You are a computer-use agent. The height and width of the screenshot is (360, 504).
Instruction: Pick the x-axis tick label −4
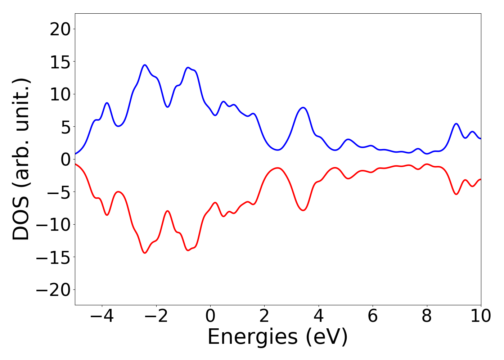(x=102, y=316)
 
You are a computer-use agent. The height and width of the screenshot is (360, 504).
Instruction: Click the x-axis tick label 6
(x=373, y=316)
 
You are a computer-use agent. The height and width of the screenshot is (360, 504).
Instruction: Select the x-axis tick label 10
(x=481, y=316)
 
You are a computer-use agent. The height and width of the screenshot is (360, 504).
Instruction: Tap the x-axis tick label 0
(x=210, y=316)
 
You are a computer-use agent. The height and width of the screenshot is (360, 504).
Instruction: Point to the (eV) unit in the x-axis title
(x=327, y=337)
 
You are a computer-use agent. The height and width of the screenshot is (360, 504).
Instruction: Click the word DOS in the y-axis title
(x=21, y=220)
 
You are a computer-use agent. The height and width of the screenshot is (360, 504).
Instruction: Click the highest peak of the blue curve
(x=145, y=65)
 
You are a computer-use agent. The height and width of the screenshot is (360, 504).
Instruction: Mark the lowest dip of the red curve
(x=145, y=253)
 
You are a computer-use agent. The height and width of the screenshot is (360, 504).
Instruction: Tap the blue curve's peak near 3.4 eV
(x=303, y=107)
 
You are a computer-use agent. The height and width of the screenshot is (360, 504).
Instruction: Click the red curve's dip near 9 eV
(x=456, y=194)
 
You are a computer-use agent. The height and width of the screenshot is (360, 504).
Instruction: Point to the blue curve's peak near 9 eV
(x=456, y=123)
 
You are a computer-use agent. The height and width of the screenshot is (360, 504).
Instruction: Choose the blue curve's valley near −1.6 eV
(x=167, y=107)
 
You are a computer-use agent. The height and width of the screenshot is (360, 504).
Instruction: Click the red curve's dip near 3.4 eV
(x=303, y=210)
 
